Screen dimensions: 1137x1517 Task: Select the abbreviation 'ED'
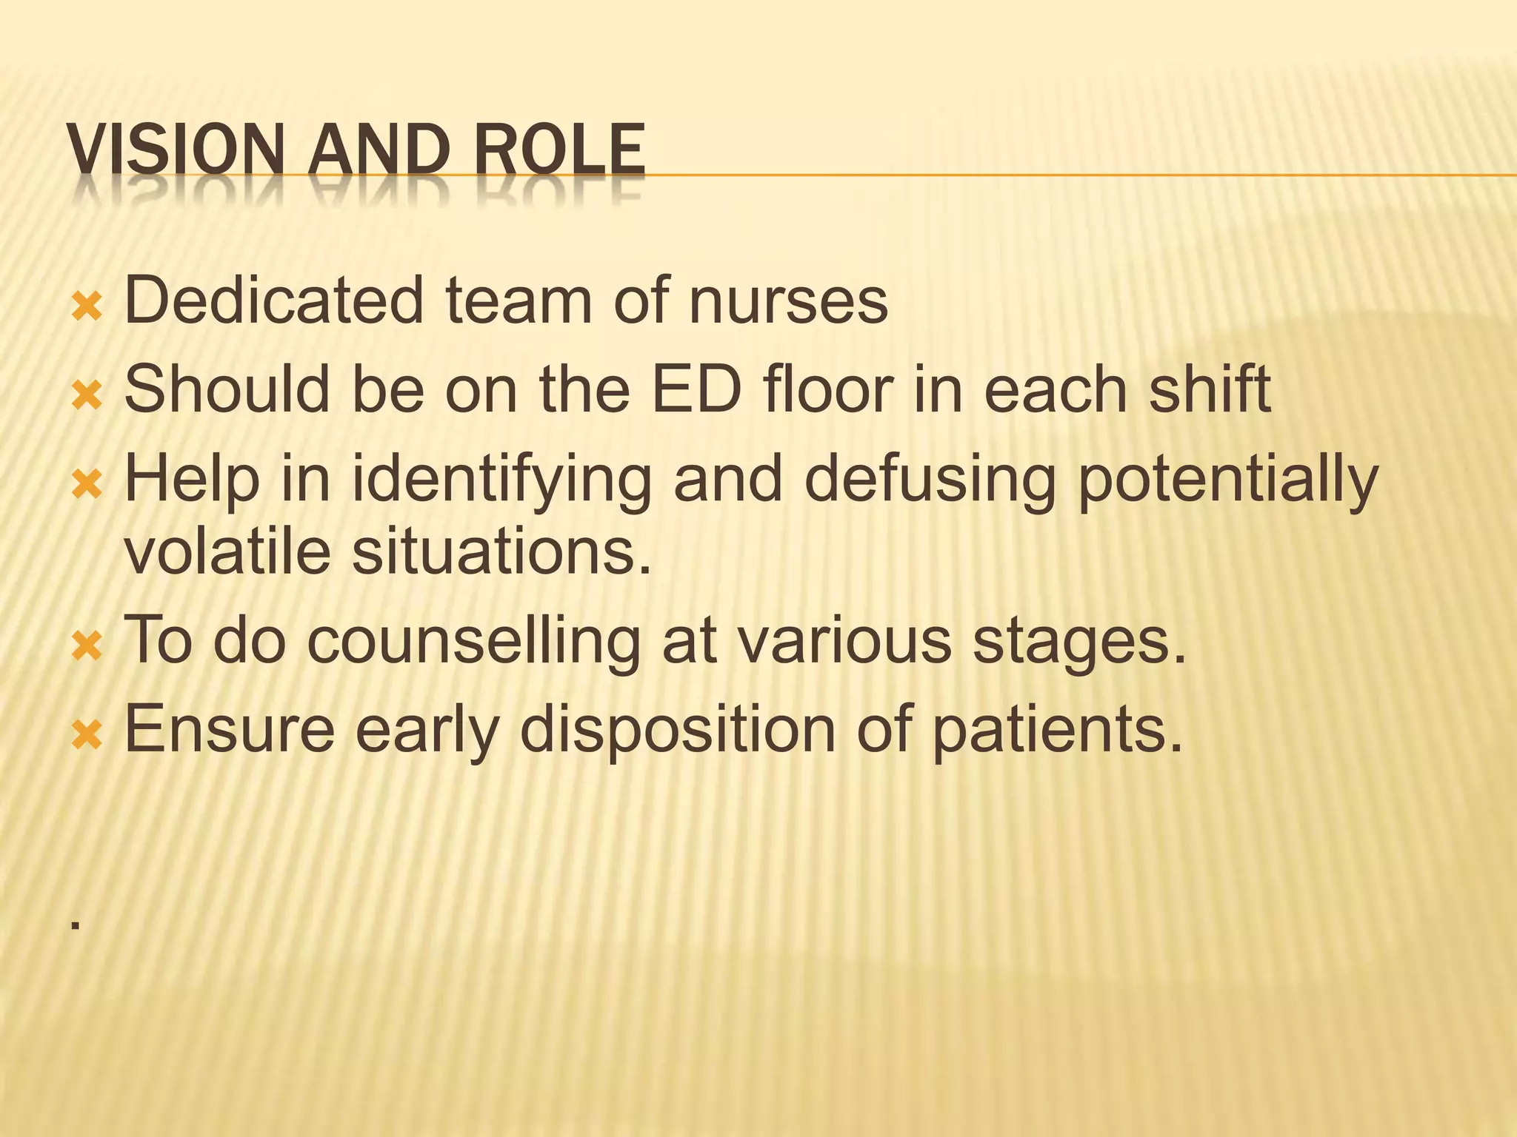pyautogui.click(x=696, y=389)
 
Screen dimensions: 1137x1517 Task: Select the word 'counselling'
pyautogui.click(x=473, y=641)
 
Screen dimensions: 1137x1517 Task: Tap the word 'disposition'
pyautogui.click(x=678, y=730)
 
